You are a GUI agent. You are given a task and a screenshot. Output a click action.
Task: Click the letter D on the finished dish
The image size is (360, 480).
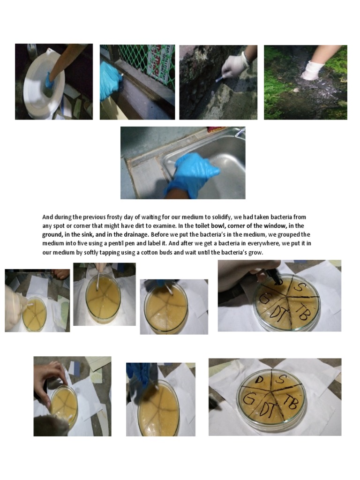(259, 380)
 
